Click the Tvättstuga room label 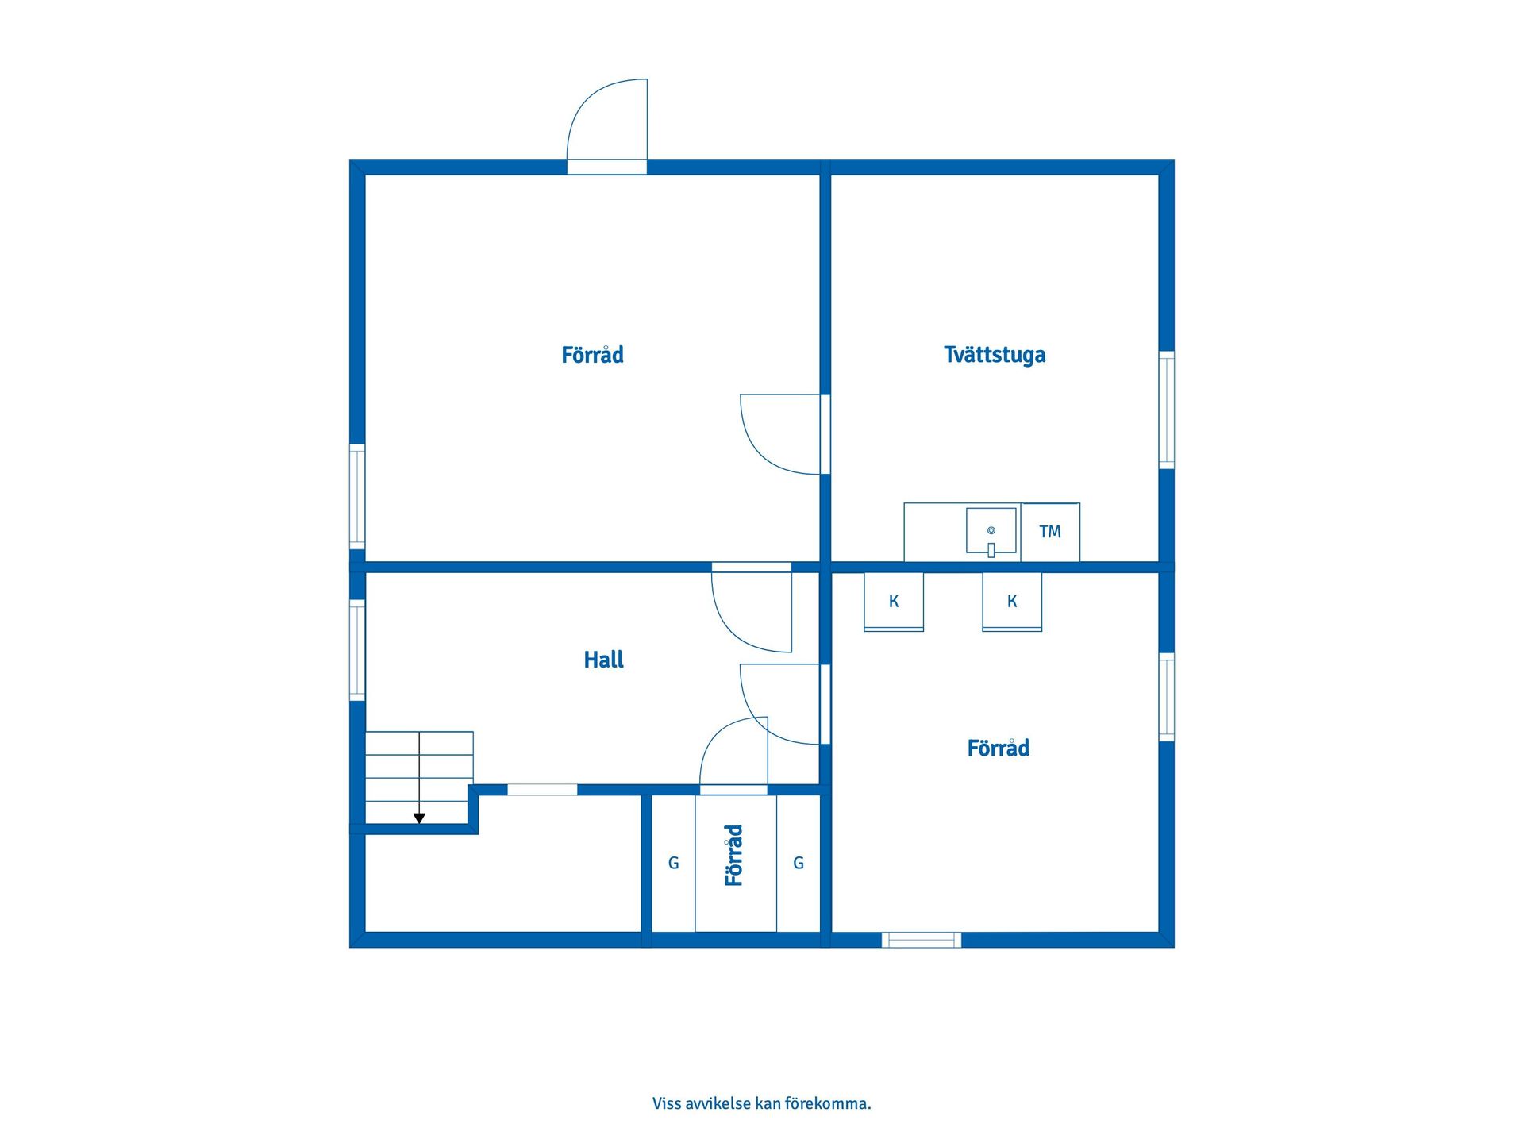tap(995, 355)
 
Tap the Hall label tap(603, 660)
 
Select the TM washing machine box tap(1050, 532)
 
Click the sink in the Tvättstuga tap(991, 531)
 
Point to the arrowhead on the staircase tap(419, 818)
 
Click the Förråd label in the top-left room tap(592, 355)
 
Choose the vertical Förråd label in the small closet tap(734, 855)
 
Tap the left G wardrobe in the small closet tap(673, 863)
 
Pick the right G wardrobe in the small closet tap(799, 863)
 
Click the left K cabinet tap(894, 602)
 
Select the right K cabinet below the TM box tap(1012, 602)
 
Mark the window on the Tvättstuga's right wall tap(1167, 410)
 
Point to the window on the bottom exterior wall tap(922, 940)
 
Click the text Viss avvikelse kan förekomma tap(762, 1103)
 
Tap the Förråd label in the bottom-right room tap(998, 748)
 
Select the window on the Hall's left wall tap(357, 650)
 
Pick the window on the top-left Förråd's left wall tap(357, 497)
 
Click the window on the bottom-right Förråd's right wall tap(1167, 697)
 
